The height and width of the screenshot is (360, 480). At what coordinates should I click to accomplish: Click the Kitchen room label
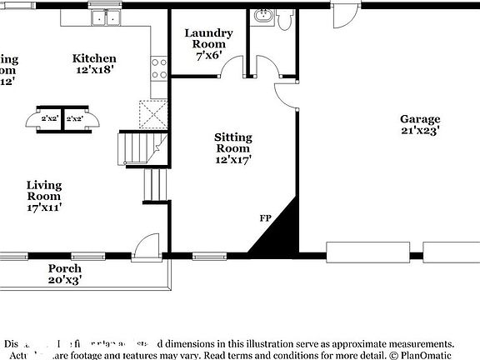coord(94,58)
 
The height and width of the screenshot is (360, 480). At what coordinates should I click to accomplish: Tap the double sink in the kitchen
coord(105,17)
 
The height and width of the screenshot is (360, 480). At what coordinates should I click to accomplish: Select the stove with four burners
coord(158,69)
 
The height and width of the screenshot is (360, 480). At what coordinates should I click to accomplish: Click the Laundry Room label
coord(208,38)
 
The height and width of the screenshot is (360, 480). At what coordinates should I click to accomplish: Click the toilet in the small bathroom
coord(284,19)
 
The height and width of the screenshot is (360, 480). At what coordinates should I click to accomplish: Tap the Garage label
coord(419,119)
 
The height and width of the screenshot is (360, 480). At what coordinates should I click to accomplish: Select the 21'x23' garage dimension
coord(419,131)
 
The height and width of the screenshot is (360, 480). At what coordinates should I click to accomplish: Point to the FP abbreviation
coord(266,218)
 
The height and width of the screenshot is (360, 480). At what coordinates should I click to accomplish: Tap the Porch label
coord(64,268)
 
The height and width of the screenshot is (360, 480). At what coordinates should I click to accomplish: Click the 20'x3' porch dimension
coord(64,281)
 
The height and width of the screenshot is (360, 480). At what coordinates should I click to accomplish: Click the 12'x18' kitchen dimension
coord(94,71)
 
